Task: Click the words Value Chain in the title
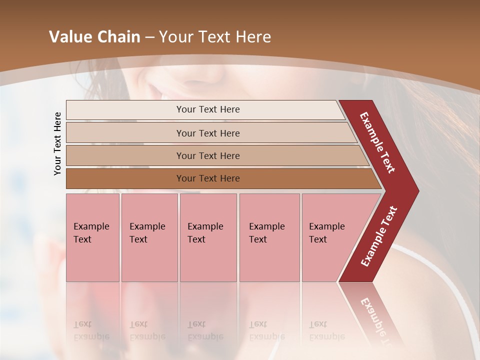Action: coord(94,37)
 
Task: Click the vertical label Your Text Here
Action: coord(57,143)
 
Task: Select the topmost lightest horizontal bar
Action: coord(125,110)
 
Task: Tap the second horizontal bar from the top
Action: coord(125,133)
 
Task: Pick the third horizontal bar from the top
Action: coord(125,155)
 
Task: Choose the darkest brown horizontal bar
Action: coord(125,178)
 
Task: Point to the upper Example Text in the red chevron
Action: coord(377,142)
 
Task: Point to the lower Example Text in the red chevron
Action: coord(379,236)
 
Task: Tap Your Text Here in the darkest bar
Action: coord(208,178)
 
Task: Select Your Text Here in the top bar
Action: coord(208,109)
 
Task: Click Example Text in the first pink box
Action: coord(91,232)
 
